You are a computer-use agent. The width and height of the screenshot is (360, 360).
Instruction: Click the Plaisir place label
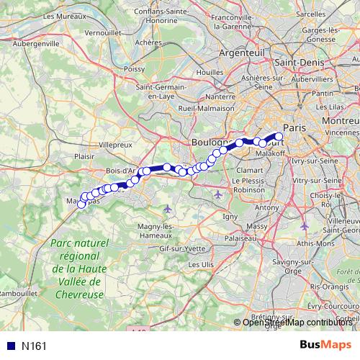click(85, 155)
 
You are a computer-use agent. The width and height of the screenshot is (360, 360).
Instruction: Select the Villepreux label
click(115, 144)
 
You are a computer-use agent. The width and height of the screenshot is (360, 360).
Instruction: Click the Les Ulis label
click(202, 264)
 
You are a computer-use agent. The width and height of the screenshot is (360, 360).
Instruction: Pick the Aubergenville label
click(33, 43)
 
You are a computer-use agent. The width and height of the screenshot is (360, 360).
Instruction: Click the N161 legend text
click(34, 346)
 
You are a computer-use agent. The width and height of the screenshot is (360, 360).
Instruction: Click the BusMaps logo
click(327, 346)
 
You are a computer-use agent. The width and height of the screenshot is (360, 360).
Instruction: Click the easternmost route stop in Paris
click(279, 135)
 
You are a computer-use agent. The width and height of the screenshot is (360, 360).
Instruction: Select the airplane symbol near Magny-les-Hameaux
click(168, 209)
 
